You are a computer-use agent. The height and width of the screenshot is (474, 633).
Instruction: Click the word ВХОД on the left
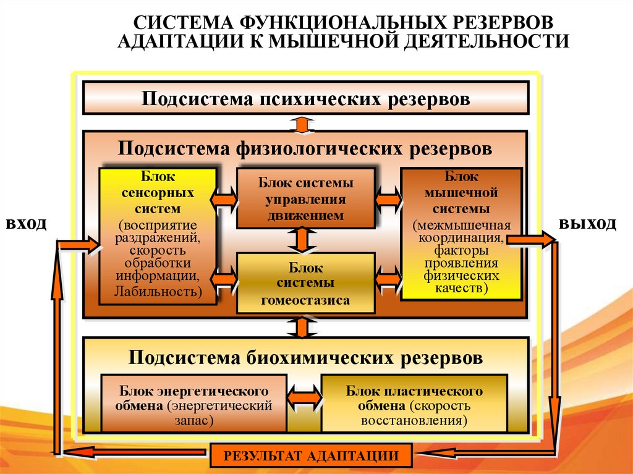coord(26,224)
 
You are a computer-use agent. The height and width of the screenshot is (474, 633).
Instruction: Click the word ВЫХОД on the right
coord(588,224)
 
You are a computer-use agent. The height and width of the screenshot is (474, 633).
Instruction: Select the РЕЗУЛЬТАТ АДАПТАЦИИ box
coord(311,457)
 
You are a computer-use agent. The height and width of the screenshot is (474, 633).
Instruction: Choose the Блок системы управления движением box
coord(306,198)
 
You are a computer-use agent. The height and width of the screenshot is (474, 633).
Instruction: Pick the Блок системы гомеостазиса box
coord(306,283)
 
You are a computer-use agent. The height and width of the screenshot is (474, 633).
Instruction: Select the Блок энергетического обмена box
coord(193,404)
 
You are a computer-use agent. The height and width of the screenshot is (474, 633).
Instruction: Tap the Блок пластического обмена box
coord(414,404)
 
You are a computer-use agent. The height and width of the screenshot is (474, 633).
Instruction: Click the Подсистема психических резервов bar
coord(306,99)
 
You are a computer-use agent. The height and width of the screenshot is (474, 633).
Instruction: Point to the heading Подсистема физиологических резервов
coord(306,149)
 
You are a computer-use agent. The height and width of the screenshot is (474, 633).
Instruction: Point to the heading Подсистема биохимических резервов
coord(306,357)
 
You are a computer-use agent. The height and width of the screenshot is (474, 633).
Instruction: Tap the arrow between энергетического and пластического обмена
coord(304,395)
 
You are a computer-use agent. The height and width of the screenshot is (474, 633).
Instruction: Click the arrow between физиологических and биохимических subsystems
coord(302,328)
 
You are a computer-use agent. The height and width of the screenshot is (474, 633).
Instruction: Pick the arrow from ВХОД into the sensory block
coord(79,245)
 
